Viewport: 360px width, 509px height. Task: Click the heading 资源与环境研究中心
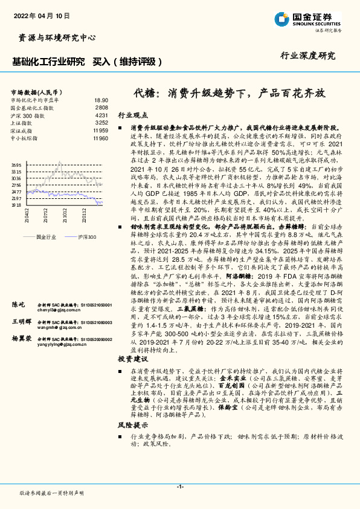tap(54, 38)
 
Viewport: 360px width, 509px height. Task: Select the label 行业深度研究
tap(307, 56)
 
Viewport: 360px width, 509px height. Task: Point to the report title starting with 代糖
tap(229, 94)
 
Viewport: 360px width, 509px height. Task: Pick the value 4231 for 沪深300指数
tap(101, 115)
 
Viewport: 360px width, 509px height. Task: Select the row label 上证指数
tap(22, 123)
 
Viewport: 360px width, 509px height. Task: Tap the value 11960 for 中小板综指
tap(101, 138)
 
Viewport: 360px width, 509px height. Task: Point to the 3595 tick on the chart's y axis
tap(16, 165)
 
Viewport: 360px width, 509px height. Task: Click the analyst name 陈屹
tap(19, 304)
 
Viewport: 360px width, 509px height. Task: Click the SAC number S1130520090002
tap(92, 340)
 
